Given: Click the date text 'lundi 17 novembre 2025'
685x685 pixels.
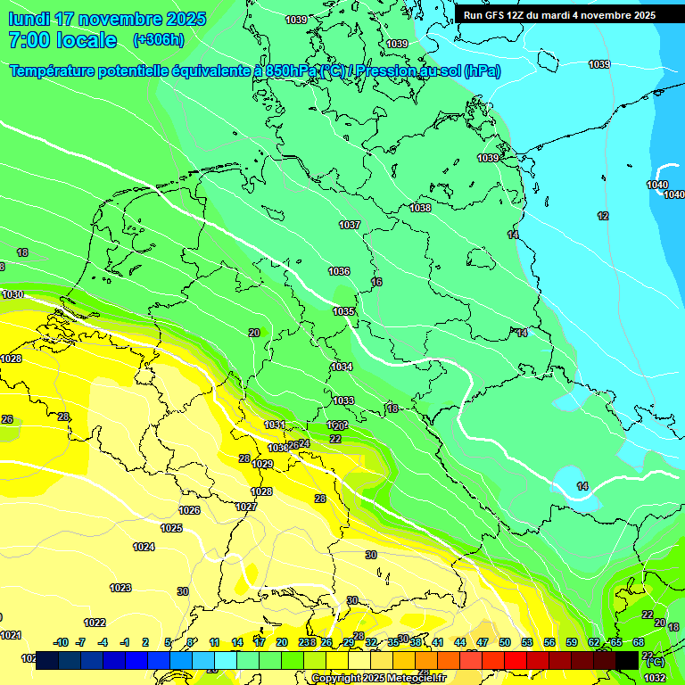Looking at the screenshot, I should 107,19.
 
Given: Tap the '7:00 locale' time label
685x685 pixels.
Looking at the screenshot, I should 62,40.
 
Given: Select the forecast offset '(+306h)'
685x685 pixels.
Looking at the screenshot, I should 159,40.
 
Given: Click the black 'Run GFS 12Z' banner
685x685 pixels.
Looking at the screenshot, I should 558,15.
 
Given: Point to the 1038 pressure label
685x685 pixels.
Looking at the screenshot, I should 420,208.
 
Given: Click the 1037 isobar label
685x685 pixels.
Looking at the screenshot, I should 350,225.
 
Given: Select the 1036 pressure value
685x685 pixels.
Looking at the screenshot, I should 339,271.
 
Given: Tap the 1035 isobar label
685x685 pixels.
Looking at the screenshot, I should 343,311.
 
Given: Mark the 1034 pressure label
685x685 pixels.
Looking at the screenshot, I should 342,367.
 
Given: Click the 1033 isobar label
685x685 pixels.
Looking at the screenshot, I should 343,400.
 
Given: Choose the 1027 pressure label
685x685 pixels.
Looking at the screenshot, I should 246,507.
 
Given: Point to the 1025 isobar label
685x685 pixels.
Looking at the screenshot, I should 171,528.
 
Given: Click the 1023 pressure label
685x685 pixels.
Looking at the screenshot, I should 120,588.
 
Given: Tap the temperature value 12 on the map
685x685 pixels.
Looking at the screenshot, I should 603,216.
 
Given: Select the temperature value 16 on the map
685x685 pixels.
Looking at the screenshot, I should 376,282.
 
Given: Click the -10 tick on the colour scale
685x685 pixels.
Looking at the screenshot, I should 61,642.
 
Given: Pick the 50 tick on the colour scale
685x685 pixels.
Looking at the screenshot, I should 505,642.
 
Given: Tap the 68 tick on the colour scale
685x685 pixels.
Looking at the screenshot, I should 639,642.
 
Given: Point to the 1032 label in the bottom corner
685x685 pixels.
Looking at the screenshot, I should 655,678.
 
